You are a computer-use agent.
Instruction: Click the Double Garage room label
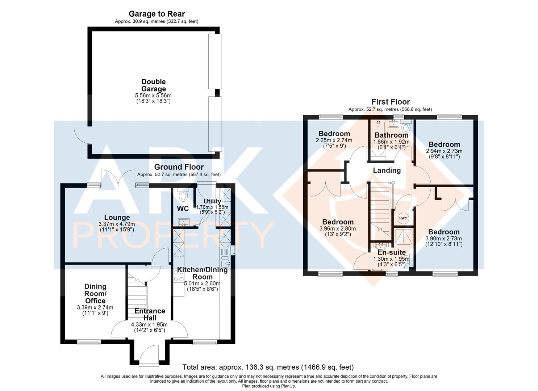click(x=154, y=85)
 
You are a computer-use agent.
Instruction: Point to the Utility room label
click(x=212, y=201)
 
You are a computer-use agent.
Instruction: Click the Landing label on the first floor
click(x=387, y=170)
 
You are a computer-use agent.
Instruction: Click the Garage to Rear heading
click(x=157, y=14)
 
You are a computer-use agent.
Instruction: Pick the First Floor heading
click(x=391, y=102)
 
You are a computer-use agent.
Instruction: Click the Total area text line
click(x=268, y=367)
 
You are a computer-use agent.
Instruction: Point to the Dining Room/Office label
click(x=95, y=294)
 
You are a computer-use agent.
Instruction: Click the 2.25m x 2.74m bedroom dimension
click(x=334, y=140)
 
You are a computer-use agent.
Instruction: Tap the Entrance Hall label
click(x=150, y=314)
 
